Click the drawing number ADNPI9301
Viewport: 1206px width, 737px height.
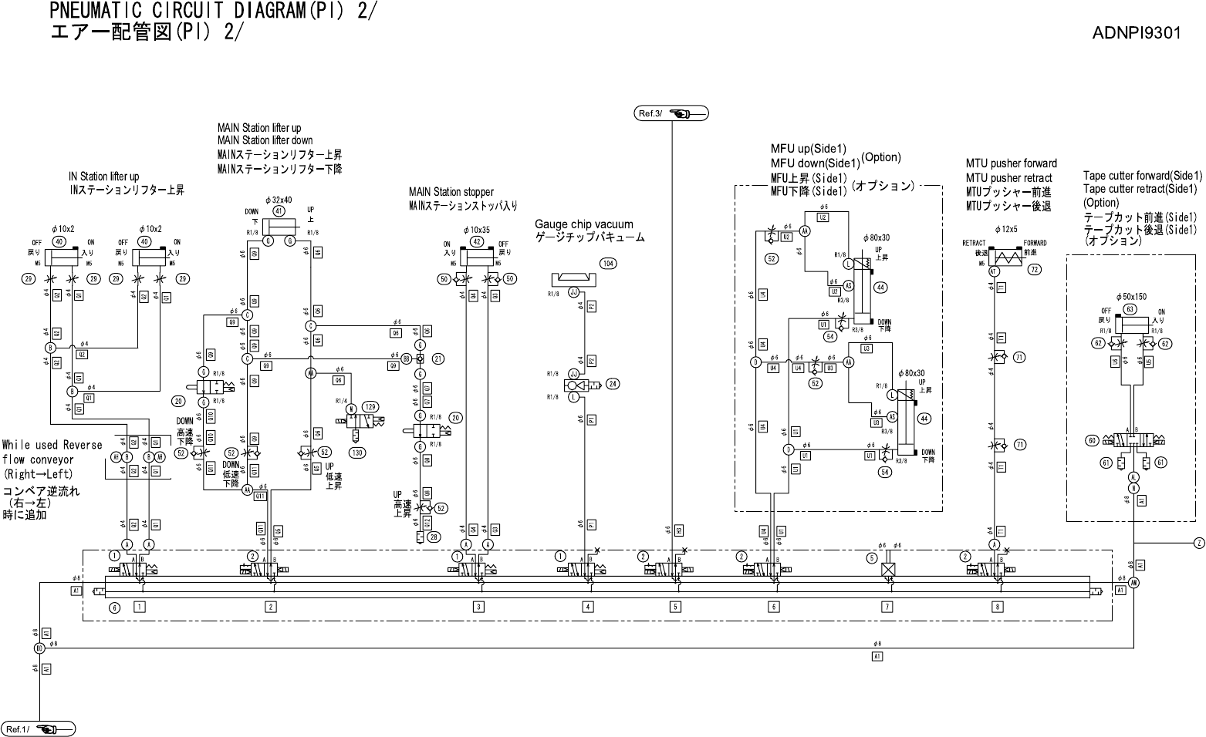tap(1136, 33)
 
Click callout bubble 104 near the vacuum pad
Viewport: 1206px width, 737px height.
tap(609, 264)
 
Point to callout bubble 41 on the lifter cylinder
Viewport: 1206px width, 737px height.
tap(279, 210)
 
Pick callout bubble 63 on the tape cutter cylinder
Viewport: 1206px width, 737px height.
tap(1130, 309)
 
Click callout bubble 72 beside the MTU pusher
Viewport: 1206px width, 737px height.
tap(1035, 270)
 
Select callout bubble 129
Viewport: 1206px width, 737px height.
tap(370, 407)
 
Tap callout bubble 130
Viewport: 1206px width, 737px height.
tap(356, 453)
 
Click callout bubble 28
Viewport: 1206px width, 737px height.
tap(435, 537)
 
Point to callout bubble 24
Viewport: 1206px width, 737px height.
tap(613, 383)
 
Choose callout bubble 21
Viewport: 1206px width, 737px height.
tap(437, 358)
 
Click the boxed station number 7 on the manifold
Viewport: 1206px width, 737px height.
tap(887, 607)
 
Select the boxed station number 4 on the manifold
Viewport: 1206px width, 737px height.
tap(588, 607)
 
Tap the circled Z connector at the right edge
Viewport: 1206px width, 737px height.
tap(1199, 543)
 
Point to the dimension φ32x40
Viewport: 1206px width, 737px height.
tap(279, 199)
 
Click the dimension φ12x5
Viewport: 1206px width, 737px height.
tap(1005, 229)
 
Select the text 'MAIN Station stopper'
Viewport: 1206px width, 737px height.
tap(451, 192)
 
